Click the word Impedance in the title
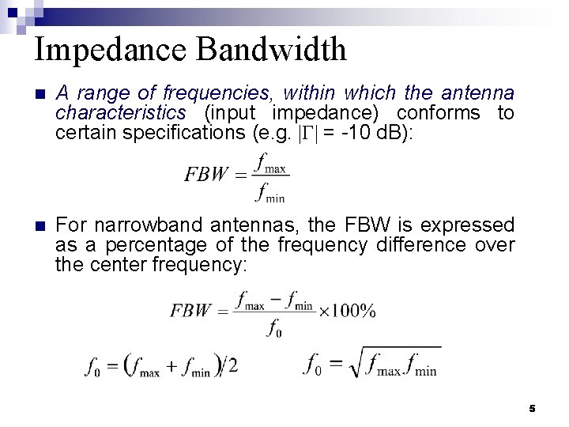111,50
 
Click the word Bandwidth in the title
271,49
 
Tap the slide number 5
532,409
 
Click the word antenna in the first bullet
478,93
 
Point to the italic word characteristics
120,112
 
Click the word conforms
438,112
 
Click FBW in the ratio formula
205,174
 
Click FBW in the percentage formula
190,311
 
